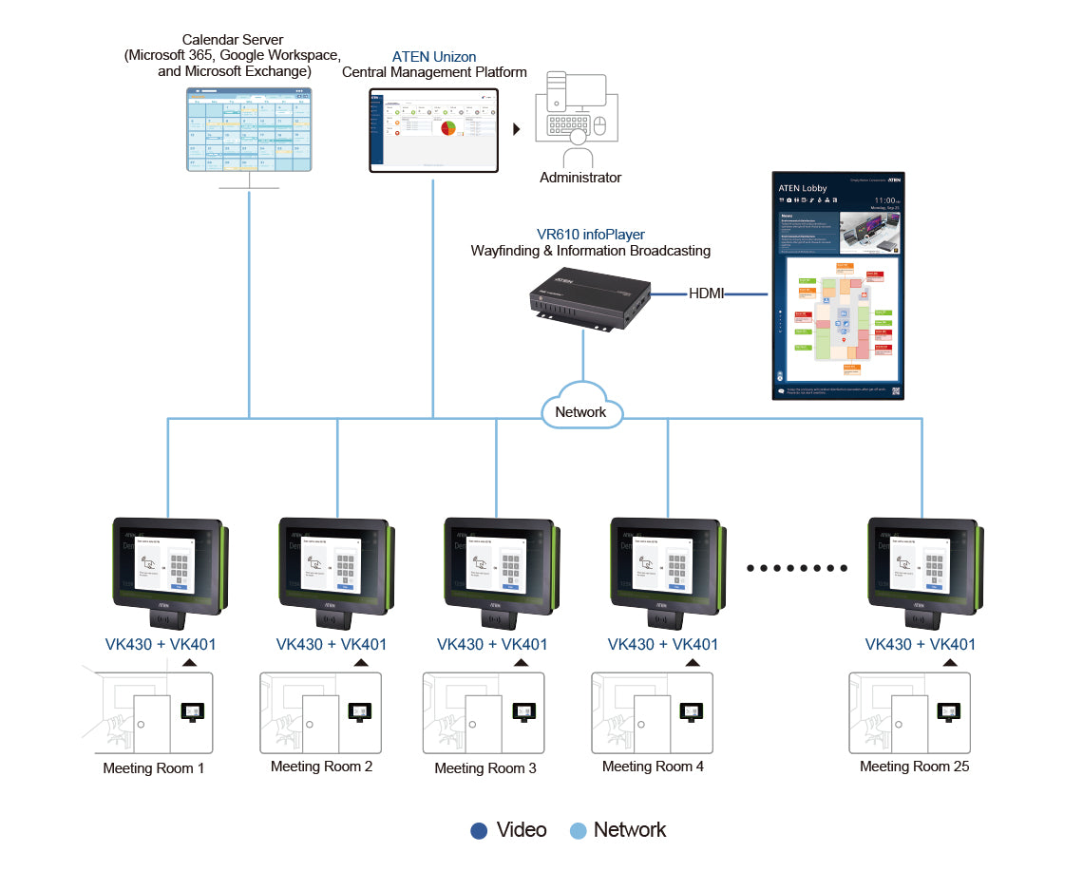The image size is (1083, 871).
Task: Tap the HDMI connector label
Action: [707, 293]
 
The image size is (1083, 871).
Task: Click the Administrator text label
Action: [580, 178]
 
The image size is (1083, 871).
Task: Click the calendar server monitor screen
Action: [249, 129]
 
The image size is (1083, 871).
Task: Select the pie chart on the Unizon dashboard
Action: [448, 127]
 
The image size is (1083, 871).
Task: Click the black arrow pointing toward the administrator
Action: [518, 128]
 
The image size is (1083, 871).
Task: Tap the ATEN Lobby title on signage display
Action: [803, 188]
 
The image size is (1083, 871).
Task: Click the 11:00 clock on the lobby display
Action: [883, 201]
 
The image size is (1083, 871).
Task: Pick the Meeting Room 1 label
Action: [153, 767]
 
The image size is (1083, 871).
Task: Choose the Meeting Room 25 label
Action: [914, 766]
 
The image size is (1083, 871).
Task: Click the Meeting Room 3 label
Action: [485, 767]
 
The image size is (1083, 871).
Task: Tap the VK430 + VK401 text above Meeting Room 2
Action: [332, 644]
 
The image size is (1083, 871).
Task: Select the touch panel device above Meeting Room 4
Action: [666, 570]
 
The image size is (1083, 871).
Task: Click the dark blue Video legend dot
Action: [480, 831]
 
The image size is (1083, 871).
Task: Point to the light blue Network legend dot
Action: [578, 831]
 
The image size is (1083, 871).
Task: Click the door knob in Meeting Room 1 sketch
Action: [140, 725]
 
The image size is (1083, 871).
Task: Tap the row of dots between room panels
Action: [797, 568]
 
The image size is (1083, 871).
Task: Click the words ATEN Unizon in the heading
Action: [434, 57]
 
